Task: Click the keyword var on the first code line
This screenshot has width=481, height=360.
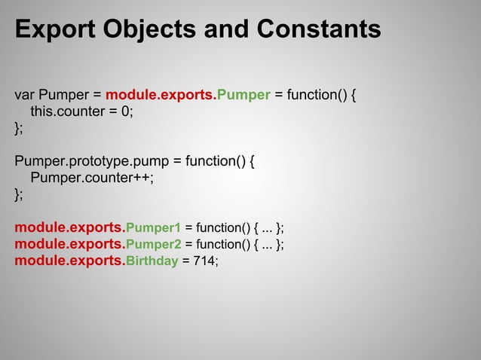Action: [25, 96]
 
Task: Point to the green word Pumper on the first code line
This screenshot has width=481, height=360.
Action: [244, 96]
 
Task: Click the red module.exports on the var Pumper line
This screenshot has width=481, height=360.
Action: [161, 96]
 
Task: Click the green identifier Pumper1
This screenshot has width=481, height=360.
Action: [153, 227]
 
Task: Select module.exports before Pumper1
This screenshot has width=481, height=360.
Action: [69, 227]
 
